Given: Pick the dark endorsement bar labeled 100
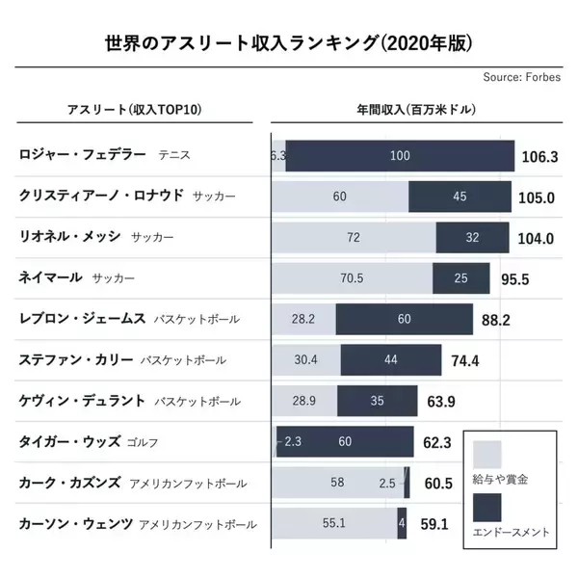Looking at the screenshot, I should tap(400, 155).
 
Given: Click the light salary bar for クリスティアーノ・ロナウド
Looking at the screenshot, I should tap(340, 197).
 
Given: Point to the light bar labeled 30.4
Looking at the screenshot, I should tap(306, 360).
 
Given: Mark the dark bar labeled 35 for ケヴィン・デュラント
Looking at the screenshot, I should tap(377, 401).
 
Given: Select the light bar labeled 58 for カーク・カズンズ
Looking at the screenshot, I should tap(338, 483).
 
